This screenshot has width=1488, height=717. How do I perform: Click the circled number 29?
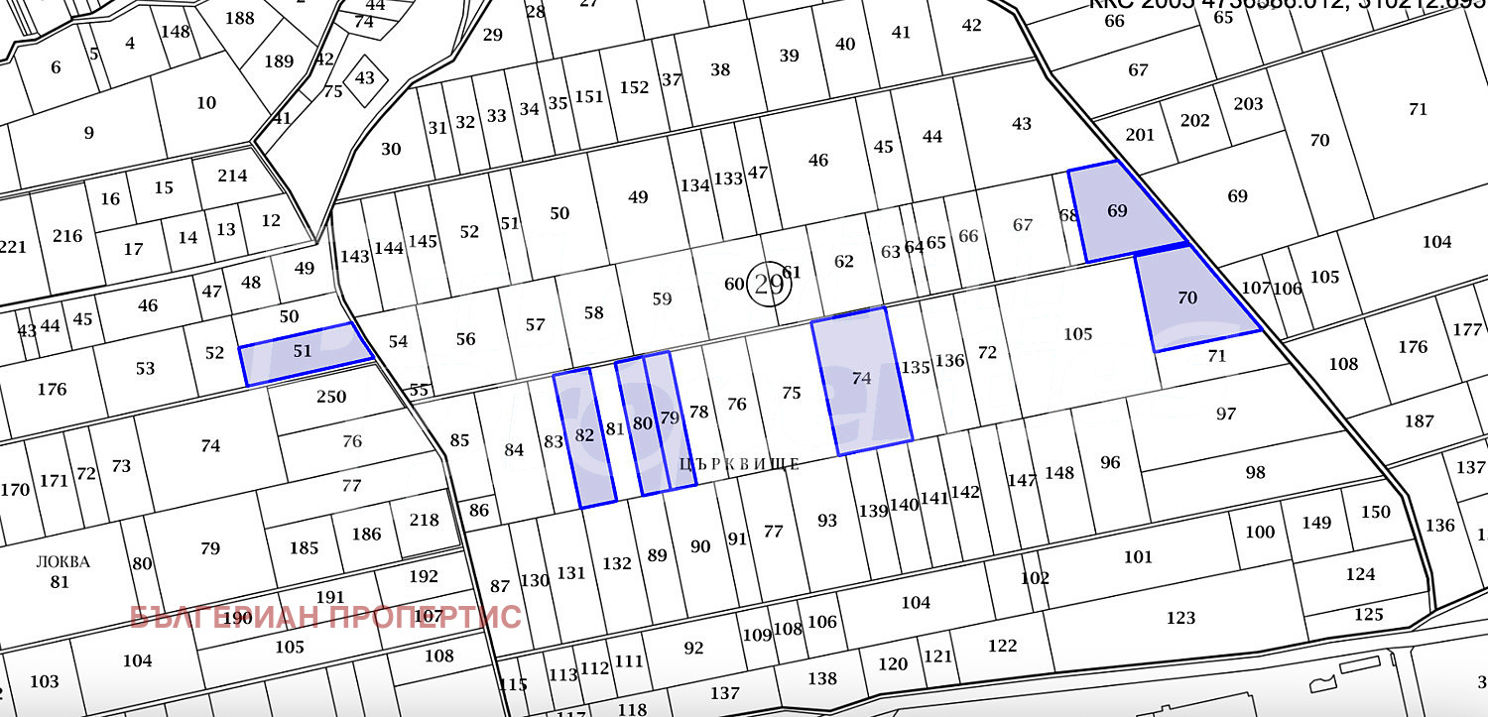point(769,286)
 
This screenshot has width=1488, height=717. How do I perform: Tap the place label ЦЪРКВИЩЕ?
point(739,464)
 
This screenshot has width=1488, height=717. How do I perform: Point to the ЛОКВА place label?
point(62,562)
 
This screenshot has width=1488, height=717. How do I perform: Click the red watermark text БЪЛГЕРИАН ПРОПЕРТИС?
point(325,617)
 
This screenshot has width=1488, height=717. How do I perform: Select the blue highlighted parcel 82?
point(584,436)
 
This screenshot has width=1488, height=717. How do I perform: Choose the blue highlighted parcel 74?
point(860,381)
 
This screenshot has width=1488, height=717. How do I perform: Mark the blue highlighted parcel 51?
point(304,353)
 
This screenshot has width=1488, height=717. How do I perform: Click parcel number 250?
point(330,397)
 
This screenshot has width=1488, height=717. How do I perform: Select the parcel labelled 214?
point(232,176)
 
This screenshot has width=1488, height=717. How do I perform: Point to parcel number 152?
point(634,87)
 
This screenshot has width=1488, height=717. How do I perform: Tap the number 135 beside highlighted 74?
point(915,368)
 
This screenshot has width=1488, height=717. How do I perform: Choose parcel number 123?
point(1180,618)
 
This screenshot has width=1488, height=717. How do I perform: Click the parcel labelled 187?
point(1420,421)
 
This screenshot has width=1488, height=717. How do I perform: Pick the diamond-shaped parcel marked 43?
point(365,77)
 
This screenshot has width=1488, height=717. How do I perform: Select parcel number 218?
point(424,520)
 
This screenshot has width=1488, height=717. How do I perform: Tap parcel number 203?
point(1248,104)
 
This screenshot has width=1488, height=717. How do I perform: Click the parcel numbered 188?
point(239,18)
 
